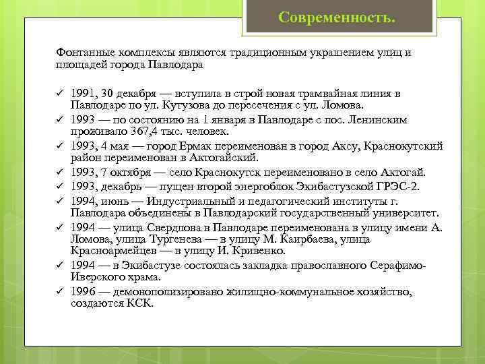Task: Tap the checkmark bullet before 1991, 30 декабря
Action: pyautogui.click(x=59, y=93)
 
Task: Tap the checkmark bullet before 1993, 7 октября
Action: pyautogui.click(x=59, y=172)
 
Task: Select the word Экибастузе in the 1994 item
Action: pyautogui.click(x=150, y=265)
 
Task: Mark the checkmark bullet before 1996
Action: pyautogui.click(x=59, y=291)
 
